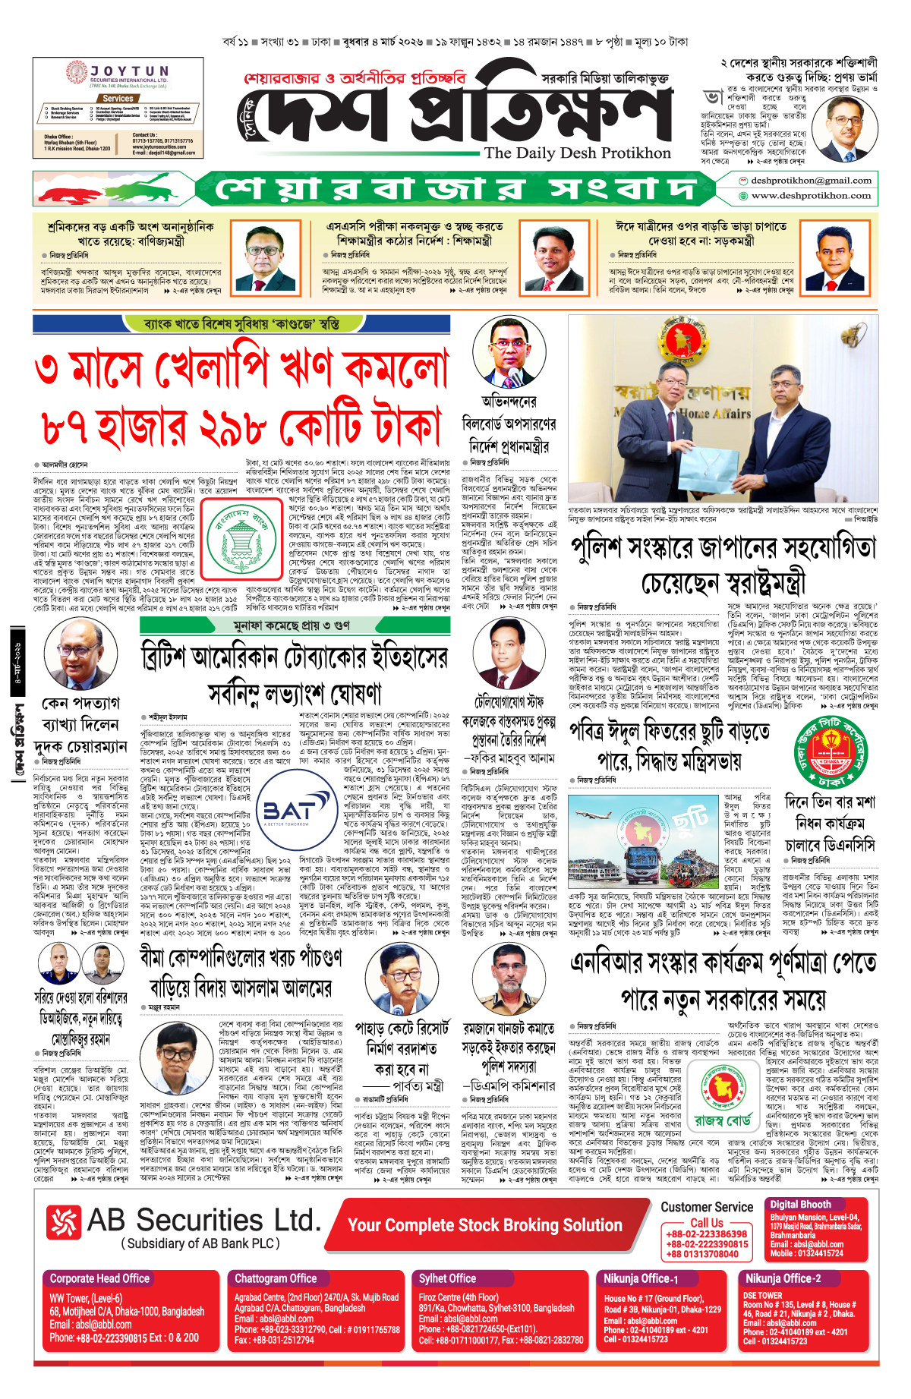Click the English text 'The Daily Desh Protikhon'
pos(577,153)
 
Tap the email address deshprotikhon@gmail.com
pos(810,181)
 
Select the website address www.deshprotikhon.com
pos(810,196)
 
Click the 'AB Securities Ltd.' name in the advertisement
pos(203,1220)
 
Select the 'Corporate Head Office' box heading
pos(99,1278)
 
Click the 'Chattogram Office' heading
pos(275,1278)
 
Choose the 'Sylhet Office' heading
pos(447,1278)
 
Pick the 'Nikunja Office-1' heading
pos(641,1278)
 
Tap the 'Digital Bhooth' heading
pos(800,1204)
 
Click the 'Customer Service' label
pos(706,1207)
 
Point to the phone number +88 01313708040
pos(702,1254)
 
